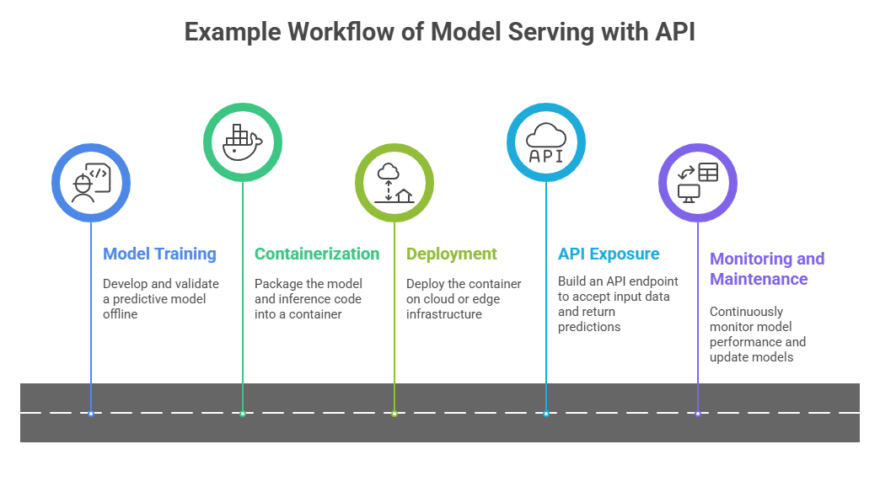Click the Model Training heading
(159, 254)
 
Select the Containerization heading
(317, 254)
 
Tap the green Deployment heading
(452, 254)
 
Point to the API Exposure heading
(609, 254)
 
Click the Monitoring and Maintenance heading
(767, 269)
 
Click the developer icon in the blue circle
(91, 182)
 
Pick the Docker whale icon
(243, 142)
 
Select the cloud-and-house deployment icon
(394, 183)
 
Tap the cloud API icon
(546, 142)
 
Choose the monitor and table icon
(698, 183)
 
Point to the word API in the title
(674, 31)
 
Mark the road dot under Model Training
(91, 413)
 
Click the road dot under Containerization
(243, 413)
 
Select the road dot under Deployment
(394, 413)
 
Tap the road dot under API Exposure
(546, 413)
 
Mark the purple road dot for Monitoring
(698, 413)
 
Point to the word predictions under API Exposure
(589, 326)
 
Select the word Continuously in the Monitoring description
(746, 311)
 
